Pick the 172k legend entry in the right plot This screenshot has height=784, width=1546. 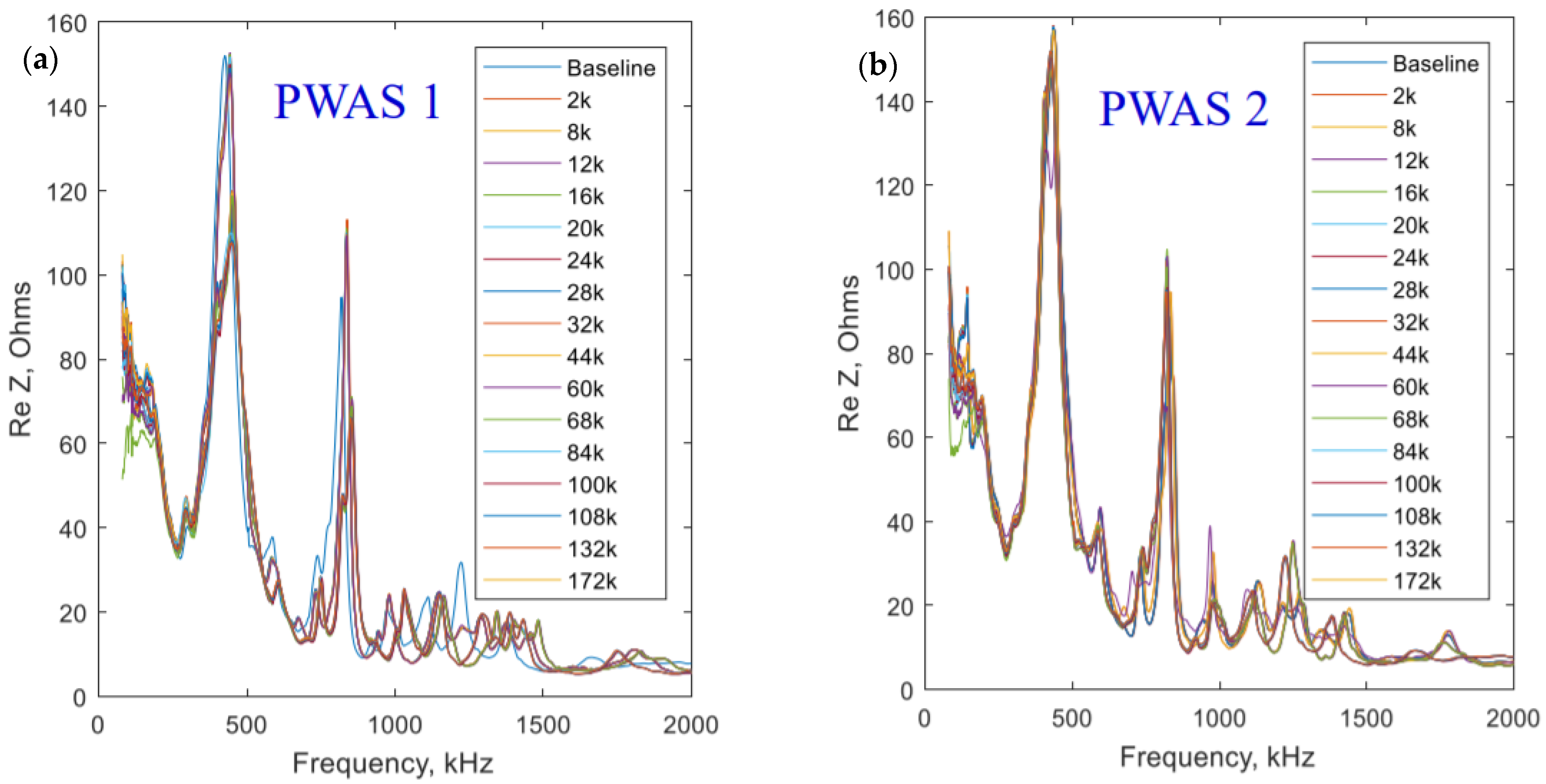click(x=1416, y=581)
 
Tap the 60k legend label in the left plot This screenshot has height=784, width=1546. click(x=585, y=389)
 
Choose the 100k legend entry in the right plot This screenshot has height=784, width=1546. click(x=1416, y=483)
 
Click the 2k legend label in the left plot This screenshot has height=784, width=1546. click(x=579, y=100)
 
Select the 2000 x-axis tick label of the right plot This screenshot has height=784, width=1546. click(x=1512, y=718)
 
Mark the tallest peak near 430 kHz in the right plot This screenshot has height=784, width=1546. click(x=1053, y=28)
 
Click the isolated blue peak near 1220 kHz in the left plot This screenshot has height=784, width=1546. click(x=460, y=563)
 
